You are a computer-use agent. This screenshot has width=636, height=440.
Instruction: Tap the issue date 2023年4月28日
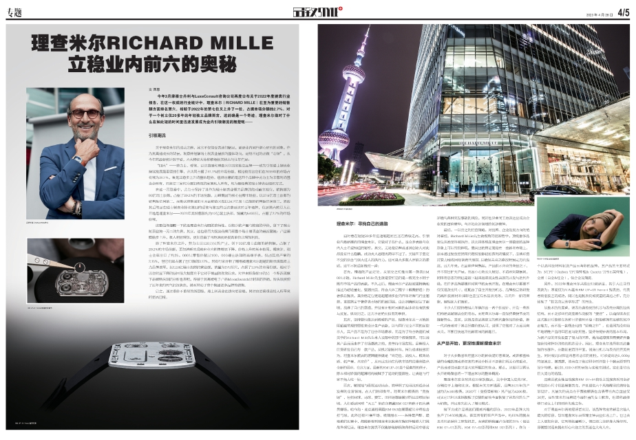click(x=589, y=12)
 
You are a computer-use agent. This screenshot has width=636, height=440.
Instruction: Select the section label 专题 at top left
click(x=17, y=12)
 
